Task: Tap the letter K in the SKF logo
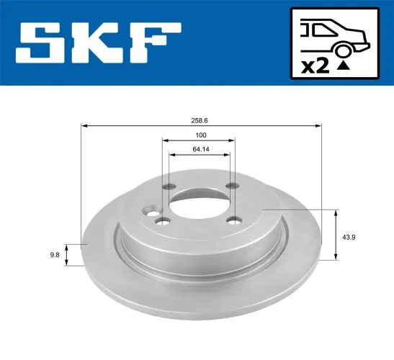pos(102,43)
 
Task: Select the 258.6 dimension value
pos(200,114)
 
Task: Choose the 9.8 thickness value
pos(54,253)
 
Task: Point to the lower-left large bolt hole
pos(162,222)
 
